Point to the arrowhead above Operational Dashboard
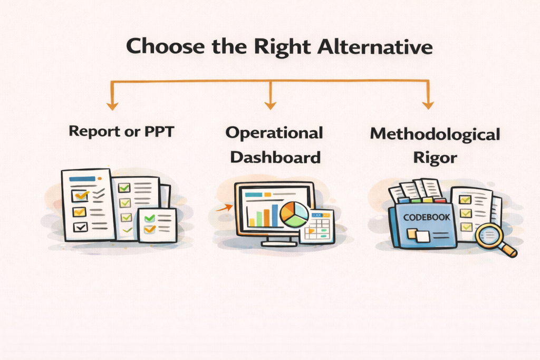click(270, 105)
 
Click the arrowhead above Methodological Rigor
click(428, 105)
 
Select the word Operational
click(274, 133)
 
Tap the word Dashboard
click(275, 157)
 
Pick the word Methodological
click(435, 134)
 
